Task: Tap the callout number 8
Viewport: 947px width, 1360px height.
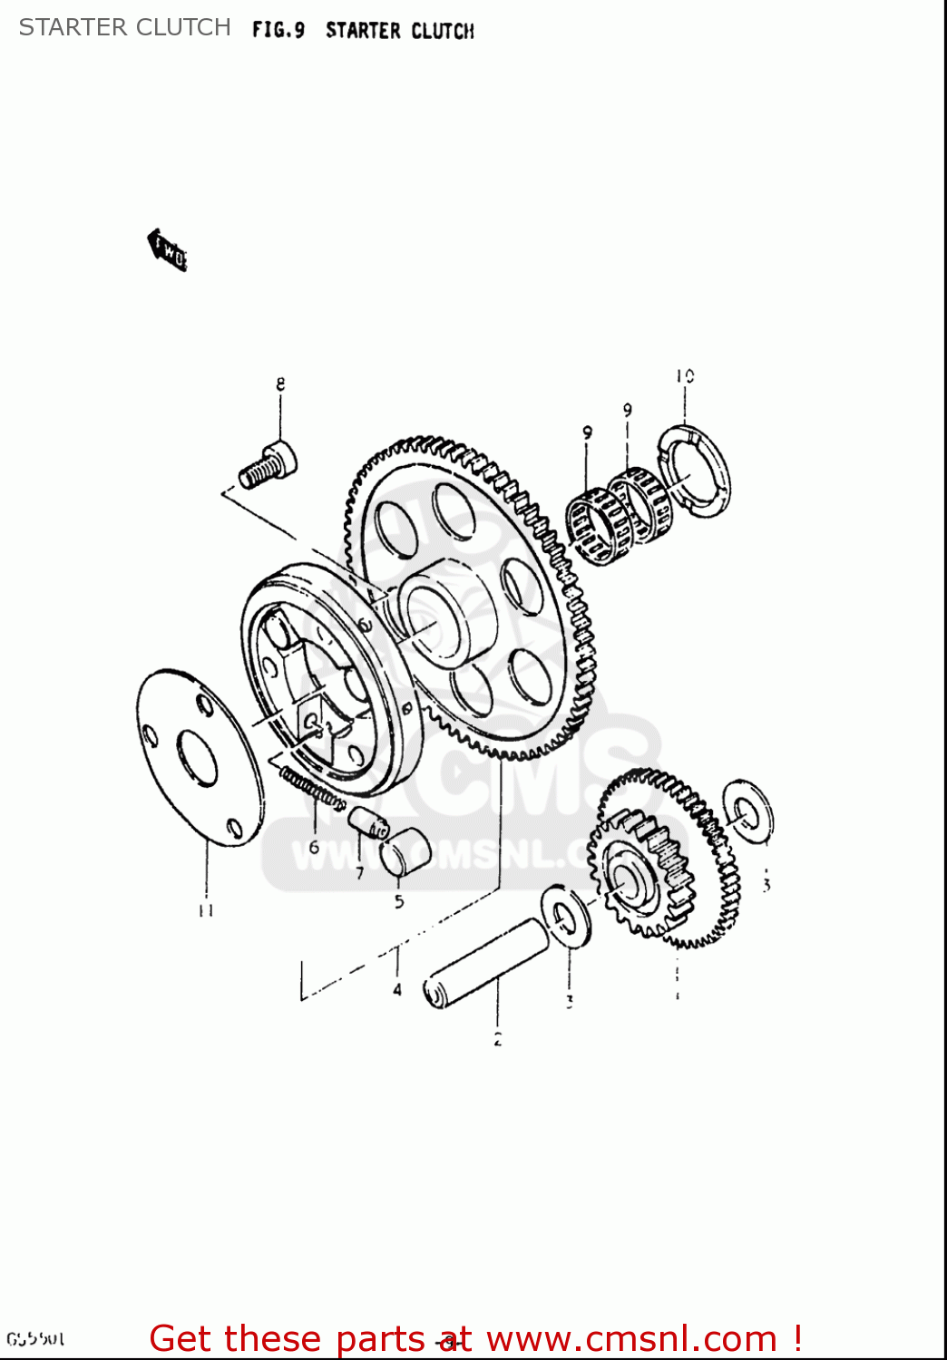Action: pos(280,384)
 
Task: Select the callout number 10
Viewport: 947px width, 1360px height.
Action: pos(685,375)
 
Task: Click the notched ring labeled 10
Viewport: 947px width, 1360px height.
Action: pos(694,471)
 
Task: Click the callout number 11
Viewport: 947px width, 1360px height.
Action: pos(206,910)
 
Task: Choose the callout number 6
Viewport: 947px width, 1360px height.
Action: pos(314,847)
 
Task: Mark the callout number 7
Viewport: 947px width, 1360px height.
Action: pos(360,873)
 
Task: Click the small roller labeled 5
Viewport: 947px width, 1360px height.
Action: pos(405,852)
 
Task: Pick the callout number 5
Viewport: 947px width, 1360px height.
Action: pos(399,901)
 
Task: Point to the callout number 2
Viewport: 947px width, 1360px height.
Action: pos(497,1040)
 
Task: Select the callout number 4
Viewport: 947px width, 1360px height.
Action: pos(397,989)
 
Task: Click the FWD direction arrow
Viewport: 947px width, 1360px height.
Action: pos(168,250)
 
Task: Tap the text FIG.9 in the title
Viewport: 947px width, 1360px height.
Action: pos(278,31)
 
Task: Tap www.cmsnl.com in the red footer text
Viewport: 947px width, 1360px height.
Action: pos(631,1338)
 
